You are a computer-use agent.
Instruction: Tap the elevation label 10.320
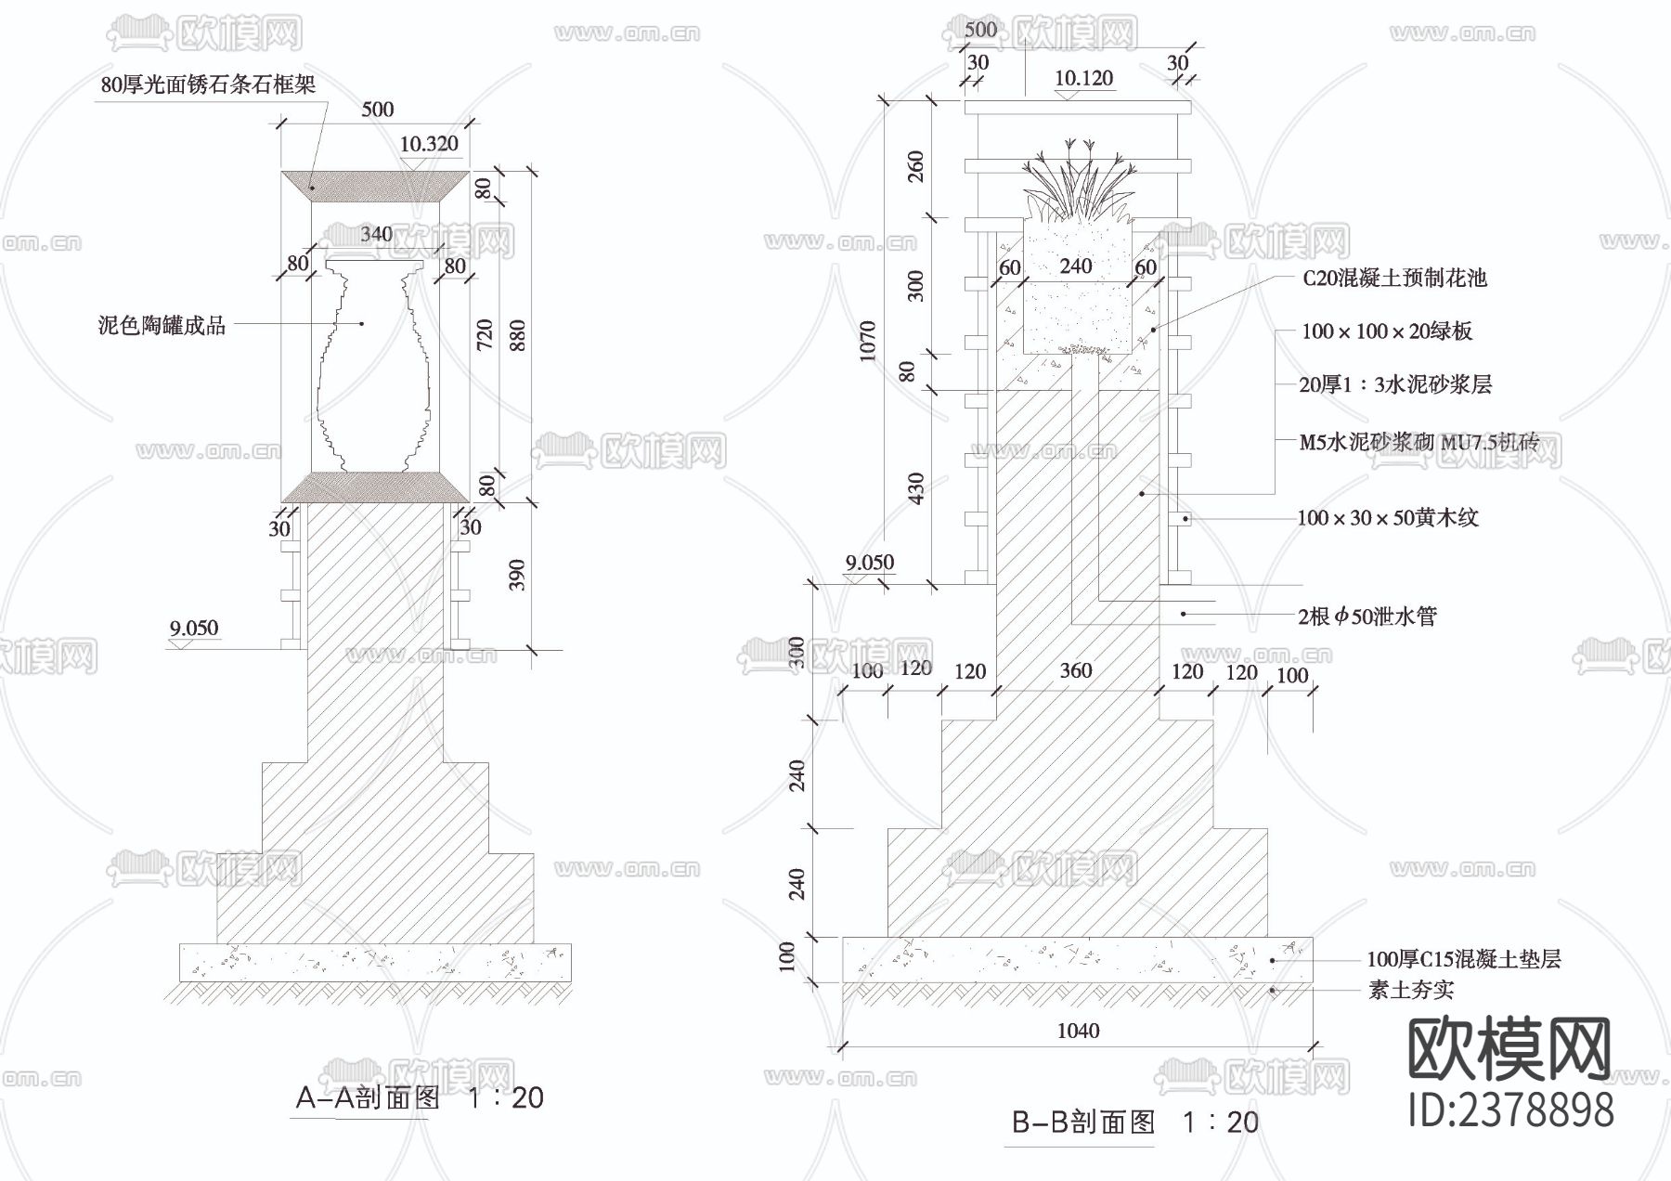click(429, 144)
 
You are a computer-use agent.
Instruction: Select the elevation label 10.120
click(1083, 78)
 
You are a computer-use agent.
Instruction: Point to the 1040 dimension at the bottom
click(1078, 1031)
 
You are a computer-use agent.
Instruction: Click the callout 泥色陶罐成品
click(162, 325)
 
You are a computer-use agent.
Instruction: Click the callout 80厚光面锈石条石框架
click(208, 84)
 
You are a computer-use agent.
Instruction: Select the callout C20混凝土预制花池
click(1394, 278)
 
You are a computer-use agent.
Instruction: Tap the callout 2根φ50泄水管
click(1367, 616)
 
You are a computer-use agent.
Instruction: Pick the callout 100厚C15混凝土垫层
click(1463, 959)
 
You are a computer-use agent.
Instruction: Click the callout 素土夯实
click(1410, 990)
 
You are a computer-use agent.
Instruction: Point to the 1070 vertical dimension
click(868, 341)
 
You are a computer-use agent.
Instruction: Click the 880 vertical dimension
click(518, 335)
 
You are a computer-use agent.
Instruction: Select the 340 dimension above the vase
click(376, 234)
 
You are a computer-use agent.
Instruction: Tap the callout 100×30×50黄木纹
click(1387, 518)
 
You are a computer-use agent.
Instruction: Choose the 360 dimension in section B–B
click(1076, 670)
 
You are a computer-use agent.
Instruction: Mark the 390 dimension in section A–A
click(518, 575)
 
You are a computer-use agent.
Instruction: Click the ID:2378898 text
click(1510, 1110)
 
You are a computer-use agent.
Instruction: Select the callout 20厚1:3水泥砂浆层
click(1394, 384)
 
